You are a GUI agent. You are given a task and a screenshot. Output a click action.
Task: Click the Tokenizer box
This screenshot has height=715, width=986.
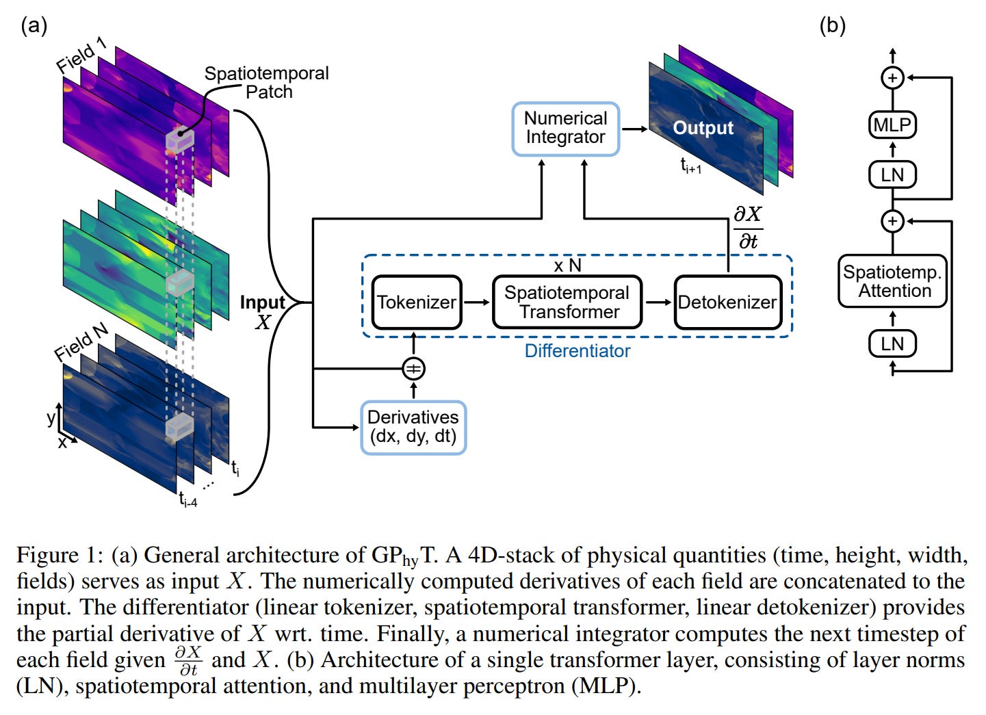(x=416, y=302)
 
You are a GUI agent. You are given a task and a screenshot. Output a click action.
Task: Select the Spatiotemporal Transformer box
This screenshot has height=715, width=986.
(x=567, y=302)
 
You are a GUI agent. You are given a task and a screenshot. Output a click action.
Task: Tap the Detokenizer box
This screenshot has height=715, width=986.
(x=727, y=302)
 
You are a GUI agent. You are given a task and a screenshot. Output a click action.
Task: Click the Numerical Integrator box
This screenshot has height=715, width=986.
(x=565, y=128)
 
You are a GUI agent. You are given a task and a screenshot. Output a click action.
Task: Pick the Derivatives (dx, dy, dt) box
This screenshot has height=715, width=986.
(x=413, y=427)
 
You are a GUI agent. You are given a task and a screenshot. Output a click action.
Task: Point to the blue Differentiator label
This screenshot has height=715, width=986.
(x=577, y=351)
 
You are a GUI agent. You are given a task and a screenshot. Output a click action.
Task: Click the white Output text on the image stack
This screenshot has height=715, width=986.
(x=703, y=128)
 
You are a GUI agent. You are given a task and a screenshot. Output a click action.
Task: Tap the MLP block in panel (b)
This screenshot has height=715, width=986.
(x=892, y=125)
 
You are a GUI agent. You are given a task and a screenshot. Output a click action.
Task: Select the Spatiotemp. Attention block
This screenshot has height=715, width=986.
(x=892, y=281)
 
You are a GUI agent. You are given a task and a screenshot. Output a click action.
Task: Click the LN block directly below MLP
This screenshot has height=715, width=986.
(x=892, y=175)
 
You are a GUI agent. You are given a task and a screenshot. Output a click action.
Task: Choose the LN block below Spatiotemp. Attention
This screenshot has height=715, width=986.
(x=892, y=343)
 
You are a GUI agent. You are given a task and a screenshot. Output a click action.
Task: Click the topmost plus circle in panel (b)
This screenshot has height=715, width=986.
(x=892, y=78)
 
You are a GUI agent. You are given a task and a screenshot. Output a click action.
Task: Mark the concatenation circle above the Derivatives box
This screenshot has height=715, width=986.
(x=413, y=369)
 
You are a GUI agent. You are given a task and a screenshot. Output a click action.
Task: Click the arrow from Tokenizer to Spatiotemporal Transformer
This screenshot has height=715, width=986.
(x=477, y=302)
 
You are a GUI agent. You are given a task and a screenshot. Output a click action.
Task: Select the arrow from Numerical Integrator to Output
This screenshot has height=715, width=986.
(x=634, y=129)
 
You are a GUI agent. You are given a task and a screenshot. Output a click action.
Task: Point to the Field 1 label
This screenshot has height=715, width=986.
(x=81, y=55)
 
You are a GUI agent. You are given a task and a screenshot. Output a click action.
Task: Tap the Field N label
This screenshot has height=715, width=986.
(x=81, y=342)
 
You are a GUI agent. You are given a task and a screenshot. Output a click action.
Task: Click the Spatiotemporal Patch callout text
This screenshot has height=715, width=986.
(x=267, y=82)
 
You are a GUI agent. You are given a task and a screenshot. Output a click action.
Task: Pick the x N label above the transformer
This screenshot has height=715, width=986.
(x=567, y=265)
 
